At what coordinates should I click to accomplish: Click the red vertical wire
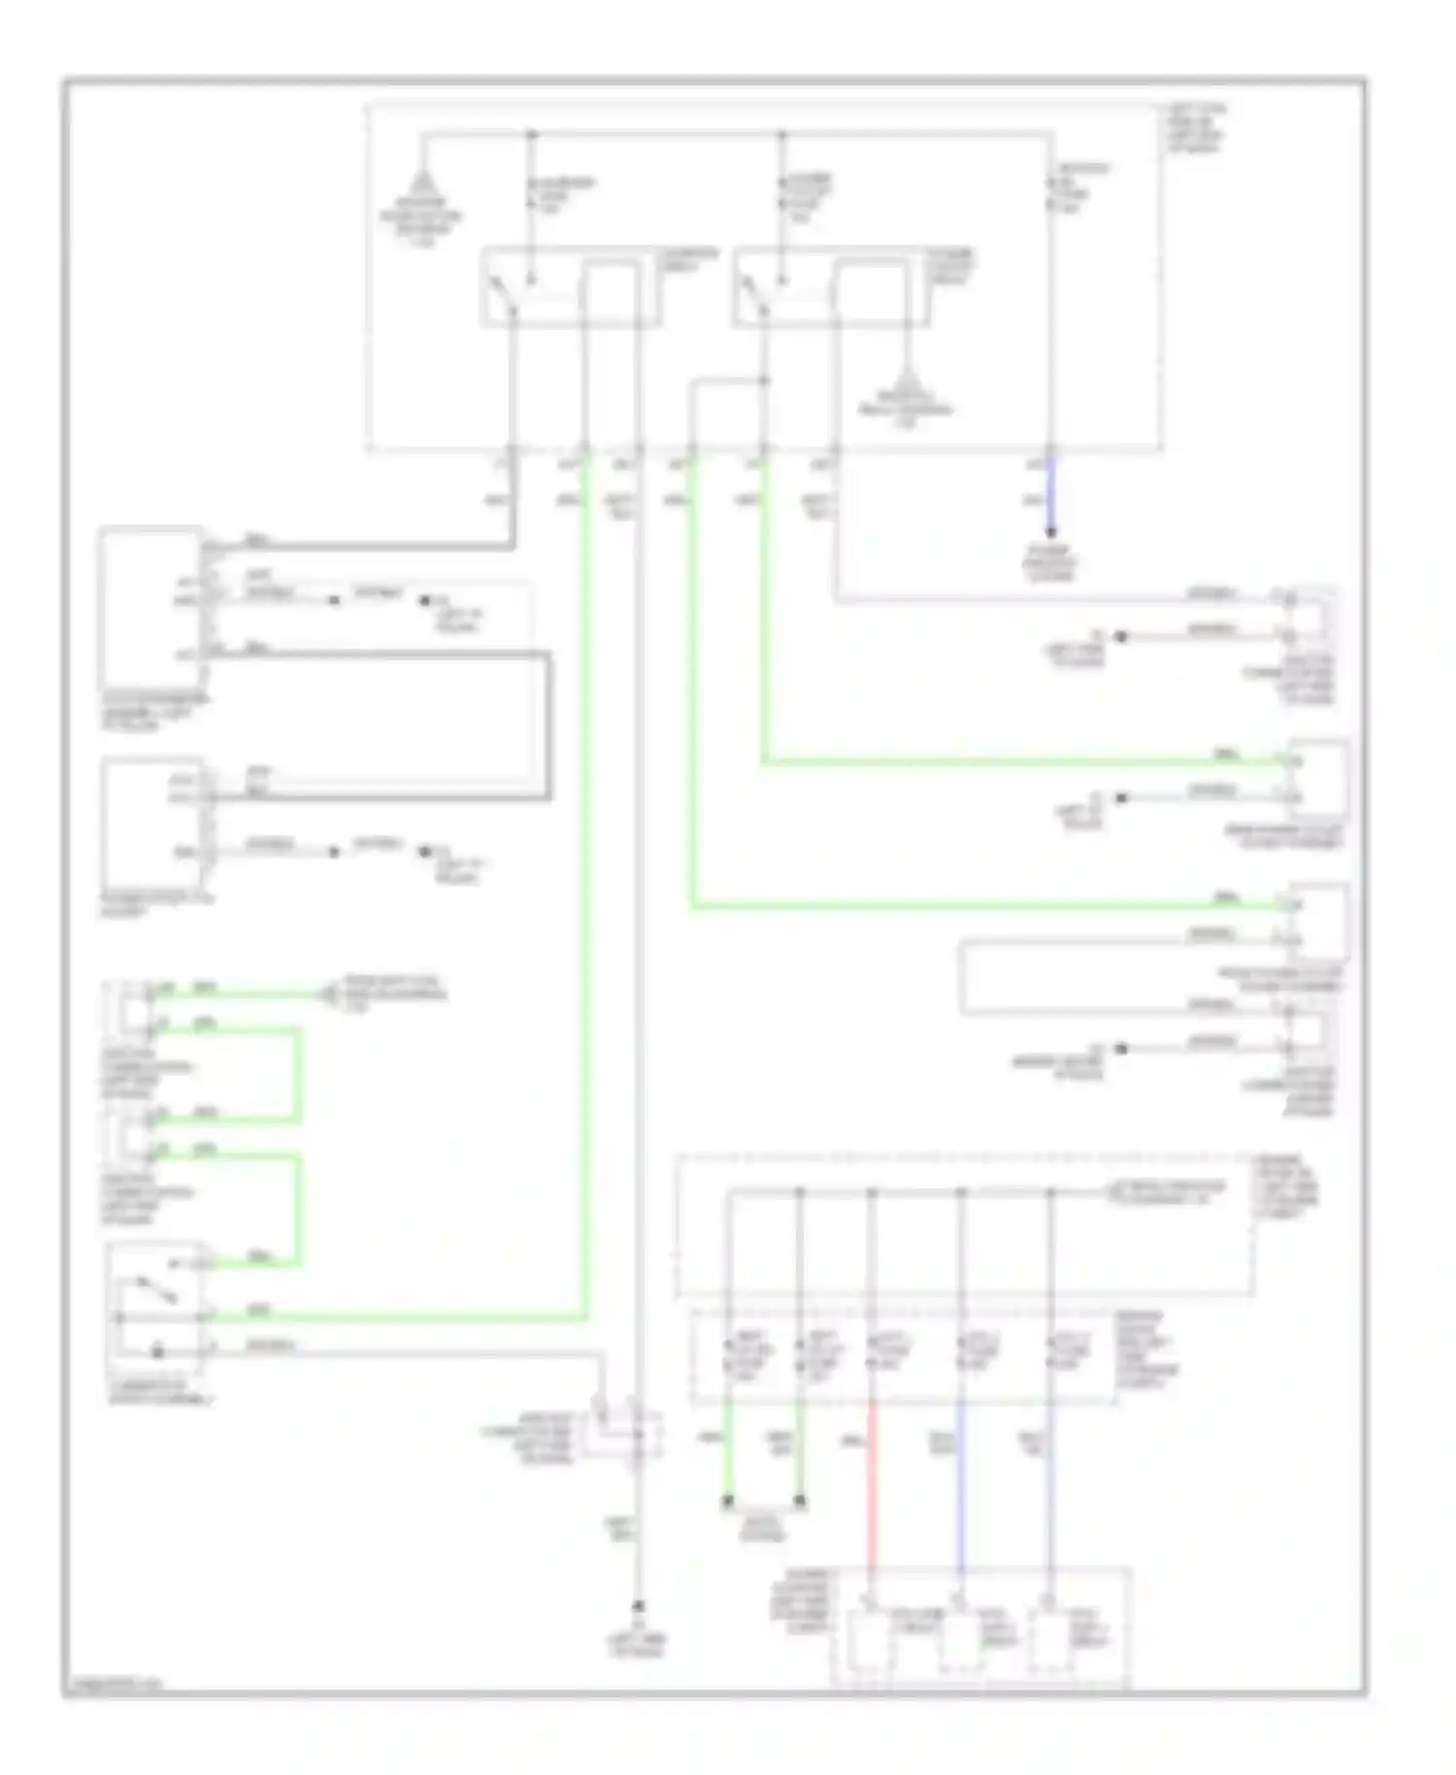(871, 1486)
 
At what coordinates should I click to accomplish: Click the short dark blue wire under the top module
(1050, 490)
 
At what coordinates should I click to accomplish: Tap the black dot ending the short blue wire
(1050, 532)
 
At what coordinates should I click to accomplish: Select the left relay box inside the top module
(571, 286)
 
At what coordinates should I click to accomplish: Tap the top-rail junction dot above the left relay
(531, 133)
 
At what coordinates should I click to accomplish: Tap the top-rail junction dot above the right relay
(783, 133)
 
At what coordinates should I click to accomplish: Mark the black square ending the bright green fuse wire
(727, 1502)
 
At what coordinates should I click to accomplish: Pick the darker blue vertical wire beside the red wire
(960, 1486)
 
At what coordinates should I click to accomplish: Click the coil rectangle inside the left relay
(610, 291)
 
